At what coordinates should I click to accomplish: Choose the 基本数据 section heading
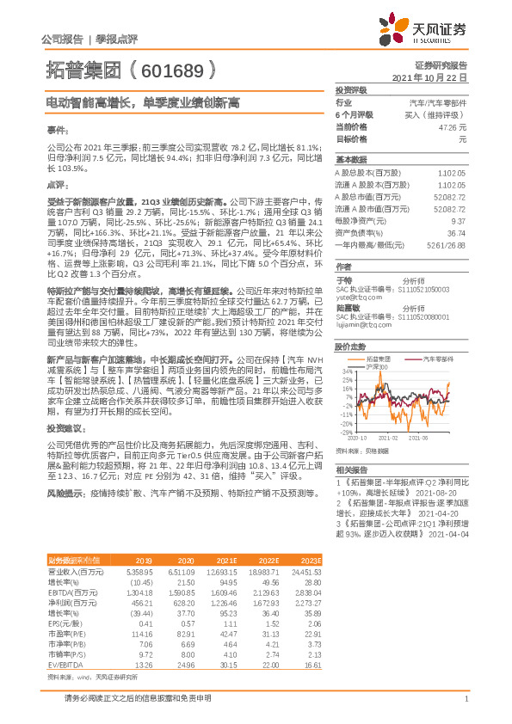pyautogui.click(x=350, y=160)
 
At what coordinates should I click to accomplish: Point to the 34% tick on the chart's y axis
pyautogui.click(x=346, y=371)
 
